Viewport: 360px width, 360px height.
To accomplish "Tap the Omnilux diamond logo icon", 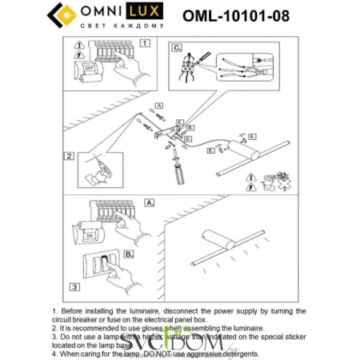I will click(x=62, y=15).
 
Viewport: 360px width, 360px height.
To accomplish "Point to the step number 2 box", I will click(x=71, y=157).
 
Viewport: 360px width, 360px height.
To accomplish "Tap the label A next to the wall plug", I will click(x=158, y=106).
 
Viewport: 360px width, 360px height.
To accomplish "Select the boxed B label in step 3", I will click(x=124, y=258).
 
